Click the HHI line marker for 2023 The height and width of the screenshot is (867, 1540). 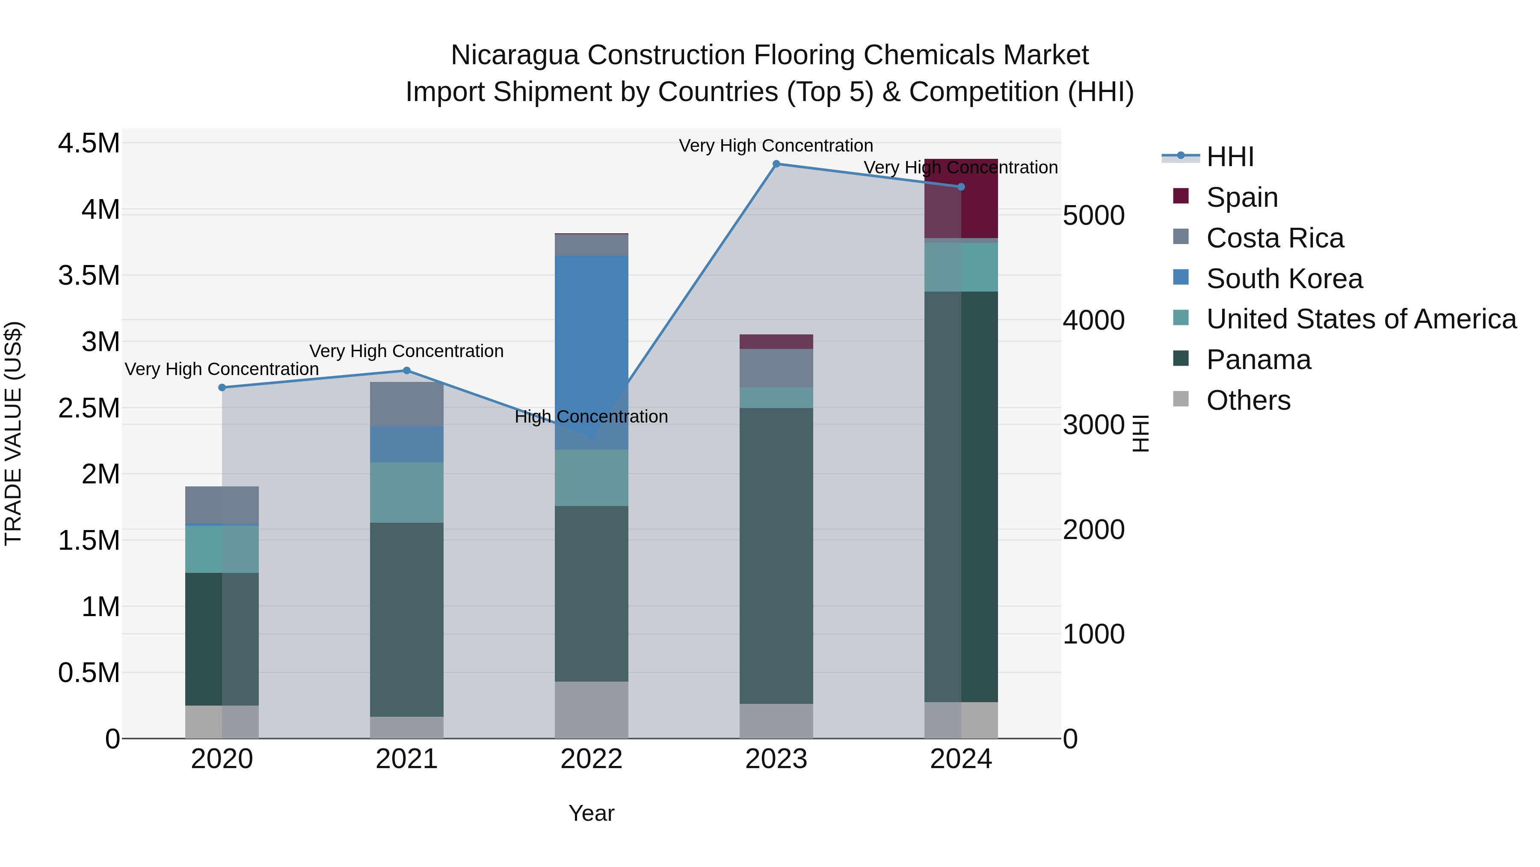(776, 164)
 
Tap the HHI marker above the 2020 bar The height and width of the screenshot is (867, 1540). (222, 388)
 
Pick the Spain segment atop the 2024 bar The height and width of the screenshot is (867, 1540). (961, 199)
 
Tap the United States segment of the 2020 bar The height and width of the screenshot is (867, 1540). (222, 549)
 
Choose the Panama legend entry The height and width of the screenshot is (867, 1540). (1259, 360)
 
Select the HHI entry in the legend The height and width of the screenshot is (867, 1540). (1230, 157)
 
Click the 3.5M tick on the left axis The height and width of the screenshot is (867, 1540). (89, 276)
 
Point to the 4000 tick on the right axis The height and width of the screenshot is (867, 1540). (1093, 320)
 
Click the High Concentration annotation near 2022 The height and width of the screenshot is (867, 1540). (591, 417)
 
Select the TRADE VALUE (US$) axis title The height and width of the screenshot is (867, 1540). (13, 433)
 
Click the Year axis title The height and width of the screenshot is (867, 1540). (591, 813)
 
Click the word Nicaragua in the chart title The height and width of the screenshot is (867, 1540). (515, 55)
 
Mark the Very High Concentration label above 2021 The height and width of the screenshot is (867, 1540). (406, 351)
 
